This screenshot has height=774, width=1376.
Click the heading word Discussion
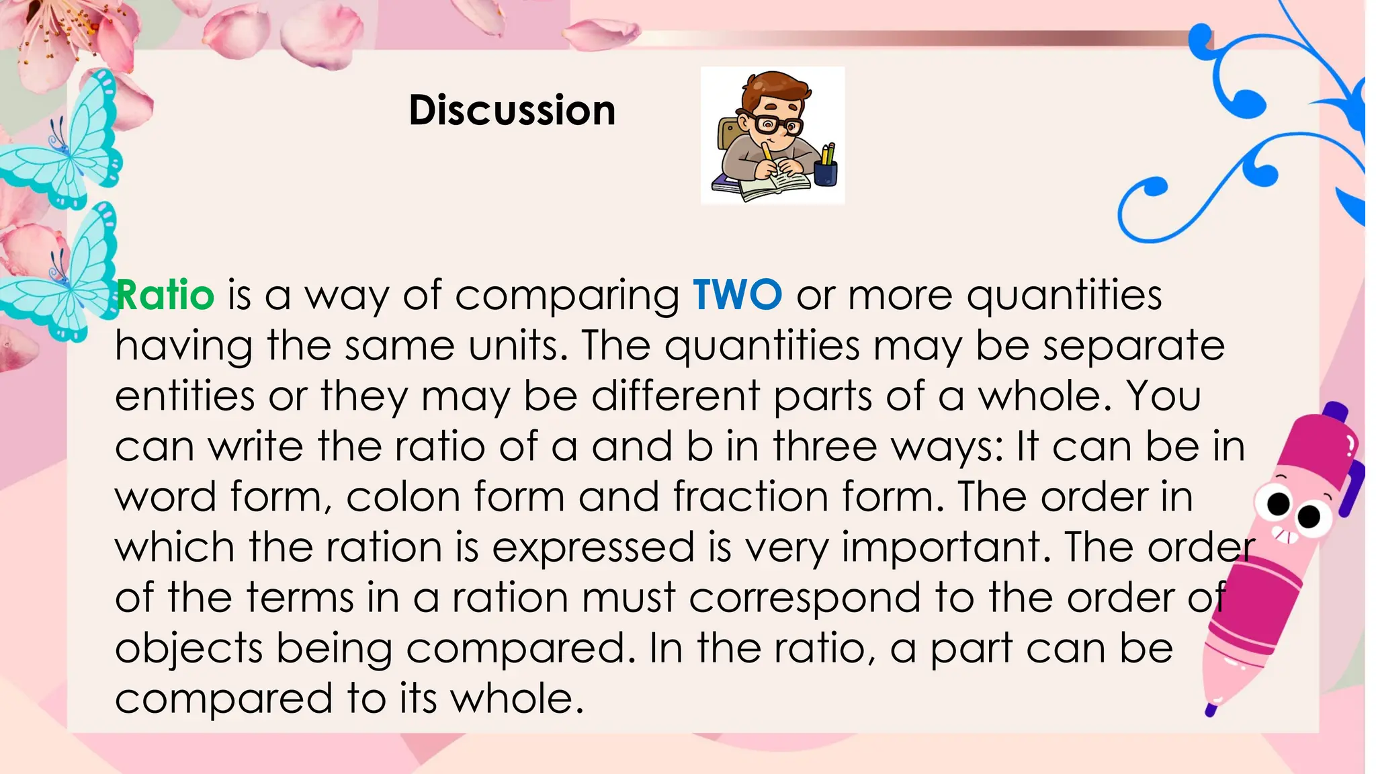[x=512, y=110]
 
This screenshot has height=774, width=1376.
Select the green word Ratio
[x=165, y=295]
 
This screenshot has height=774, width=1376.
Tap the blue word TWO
[x=737, y=295]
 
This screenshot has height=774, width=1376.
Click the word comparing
[x=567, y=296]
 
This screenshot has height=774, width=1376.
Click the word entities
[x=185, y=396]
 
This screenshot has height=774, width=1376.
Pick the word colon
[x=402, y=497]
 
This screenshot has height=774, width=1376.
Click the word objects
[x=189, y=649]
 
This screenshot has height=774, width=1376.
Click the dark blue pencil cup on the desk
[x=826, y=173]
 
